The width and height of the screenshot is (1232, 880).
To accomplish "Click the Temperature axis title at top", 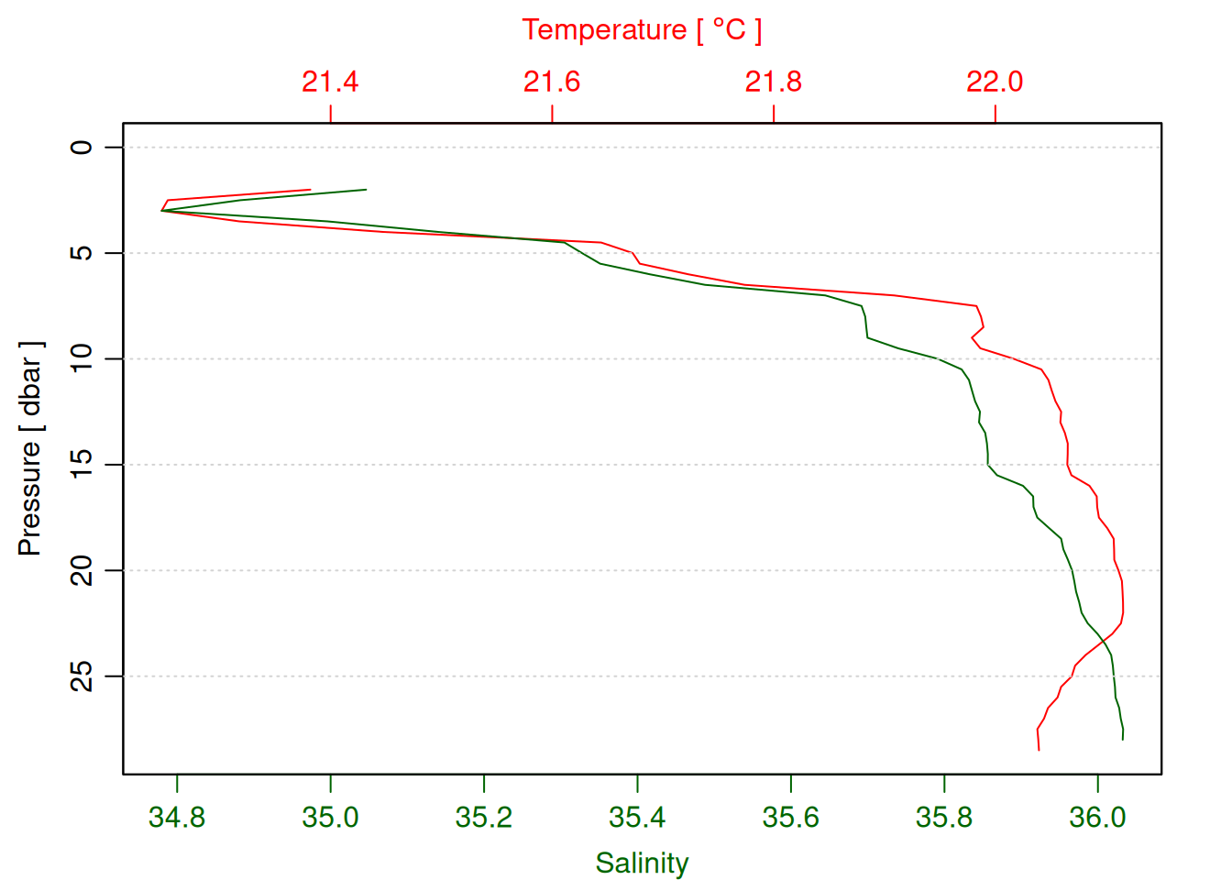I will [642, 30].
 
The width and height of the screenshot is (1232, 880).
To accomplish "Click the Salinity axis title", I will [642, 863].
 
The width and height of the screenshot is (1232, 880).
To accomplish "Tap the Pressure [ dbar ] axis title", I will [30, 448].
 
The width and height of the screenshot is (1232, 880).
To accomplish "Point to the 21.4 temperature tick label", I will [330, 82].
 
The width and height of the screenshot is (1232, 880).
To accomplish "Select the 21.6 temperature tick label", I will [552, 82].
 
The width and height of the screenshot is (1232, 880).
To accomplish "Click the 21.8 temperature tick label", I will [773, 82].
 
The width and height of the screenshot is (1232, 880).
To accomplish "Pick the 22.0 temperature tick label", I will [995, 82].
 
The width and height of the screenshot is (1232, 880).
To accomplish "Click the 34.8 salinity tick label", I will [177, 817].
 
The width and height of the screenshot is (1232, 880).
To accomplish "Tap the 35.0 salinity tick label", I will [330, 817].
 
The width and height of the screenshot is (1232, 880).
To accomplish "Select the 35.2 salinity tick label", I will [484, 817].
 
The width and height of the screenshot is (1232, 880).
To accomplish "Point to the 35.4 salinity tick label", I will [637, 817].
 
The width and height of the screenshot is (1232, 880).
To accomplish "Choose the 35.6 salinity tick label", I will [790, 817].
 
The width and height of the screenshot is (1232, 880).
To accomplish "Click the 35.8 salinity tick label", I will [944, 817].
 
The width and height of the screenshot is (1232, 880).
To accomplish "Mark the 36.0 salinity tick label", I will [1097, 817].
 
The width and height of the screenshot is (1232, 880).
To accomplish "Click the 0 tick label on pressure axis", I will [82, 147].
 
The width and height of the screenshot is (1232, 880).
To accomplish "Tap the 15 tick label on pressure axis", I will [82, 465].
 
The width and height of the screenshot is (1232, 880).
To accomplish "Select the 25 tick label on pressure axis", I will [82, 676].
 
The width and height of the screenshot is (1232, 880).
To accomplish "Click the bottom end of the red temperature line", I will [1039, 750].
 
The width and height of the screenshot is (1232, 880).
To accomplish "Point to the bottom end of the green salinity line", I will [1123, 739].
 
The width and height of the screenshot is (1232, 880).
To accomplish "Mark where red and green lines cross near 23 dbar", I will [1103, 640].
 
